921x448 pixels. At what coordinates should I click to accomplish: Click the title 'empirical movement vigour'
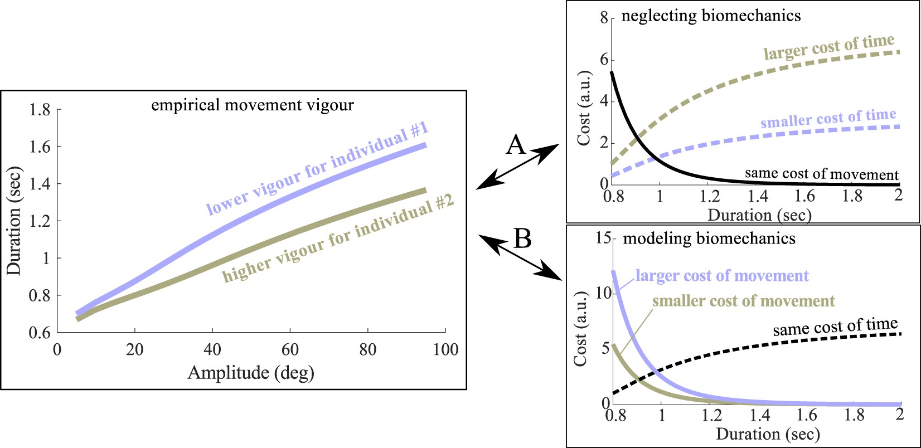point(253,105)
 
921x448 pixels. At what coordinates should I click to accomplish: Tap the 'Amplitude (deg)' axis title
point(251,372)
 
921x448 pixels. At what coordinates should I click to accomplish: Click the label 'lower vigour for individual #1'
point(317,169)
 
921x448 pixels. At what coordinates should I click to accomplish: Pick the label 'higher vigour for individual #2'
point(338,241)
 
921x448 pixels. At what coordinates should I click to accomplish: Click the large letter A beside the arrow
point(516,145)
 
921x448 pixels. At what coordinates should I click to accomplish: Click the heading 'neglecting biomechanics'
point(711,16)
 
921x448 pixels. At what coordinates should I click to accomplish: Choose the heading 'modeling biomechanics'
point(709,239)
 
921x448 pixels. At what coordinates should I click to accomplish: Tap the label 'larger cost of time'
point(828,47)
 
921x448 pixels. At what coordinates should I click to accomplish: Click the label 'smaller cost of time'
point(828,118)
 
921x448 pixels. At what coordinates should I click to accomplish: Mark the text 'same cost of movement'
point(822,174)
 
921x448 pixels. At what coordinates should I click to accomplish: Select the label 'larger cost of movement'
point(722,276)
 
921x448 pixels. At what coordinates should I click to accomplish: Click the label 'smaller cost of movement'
point(743,301)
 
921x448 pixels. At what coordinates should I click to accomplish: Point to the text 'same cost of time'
point(835,327)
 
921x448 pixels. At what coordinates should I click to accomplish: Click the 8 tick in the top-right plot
point(604,18)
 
